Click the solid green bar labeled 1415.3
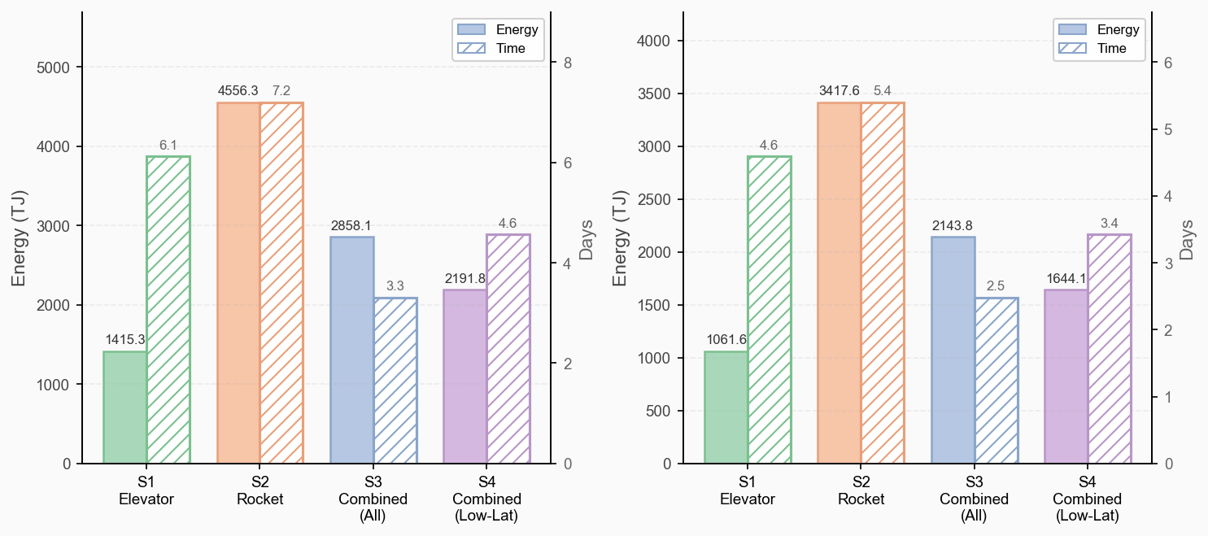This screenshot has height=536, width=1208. pyautogui.click(x=124, y=407)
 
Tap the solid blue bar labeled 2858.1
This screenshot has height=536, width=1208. pyautogui.click(x=351, y=350)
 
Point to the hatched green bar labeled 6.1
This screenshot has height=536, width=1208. pyautogui.click(x=168, y=310)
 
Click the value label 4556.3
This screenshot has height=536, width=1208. pyautogui.click(x=238, y=90)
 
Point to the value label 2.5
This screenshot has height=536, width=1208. pyautogui.click(x=996, y=285)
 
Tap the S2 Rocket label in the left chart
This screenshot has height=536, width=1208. pyautogui.click(x=260, y=491)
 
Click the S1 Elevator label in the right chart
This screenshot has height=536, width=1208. pyautogui.click(x=748, y=491)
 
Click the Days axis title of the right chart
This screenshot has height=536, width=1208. pyautogui.click(x=1187, y=238)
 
